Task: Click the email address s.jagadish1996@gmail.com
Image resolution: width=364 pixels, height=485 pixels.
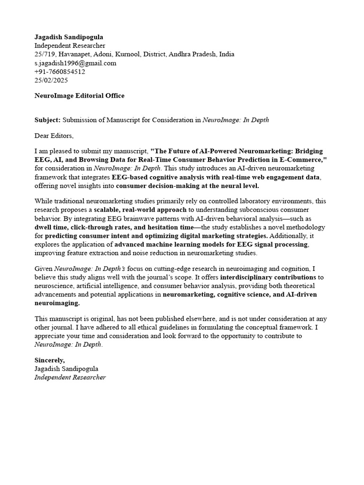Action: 75,63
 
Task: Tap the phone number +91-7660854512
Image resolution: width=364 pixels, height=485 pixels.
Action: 60,72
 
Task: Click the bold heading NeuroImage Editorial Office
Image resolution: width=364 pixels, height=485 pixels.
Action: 80,96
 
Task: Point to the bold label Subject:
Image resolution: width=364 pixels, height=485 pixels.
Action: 47,120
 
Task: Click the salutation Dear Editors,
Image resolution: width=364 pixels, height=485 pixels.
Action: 54,136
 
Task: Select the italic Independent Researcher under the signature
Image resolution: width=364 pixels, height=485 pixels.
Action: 70,377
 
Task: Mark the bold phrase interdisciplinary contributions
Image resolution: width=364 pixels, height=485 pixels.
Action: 268,277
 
